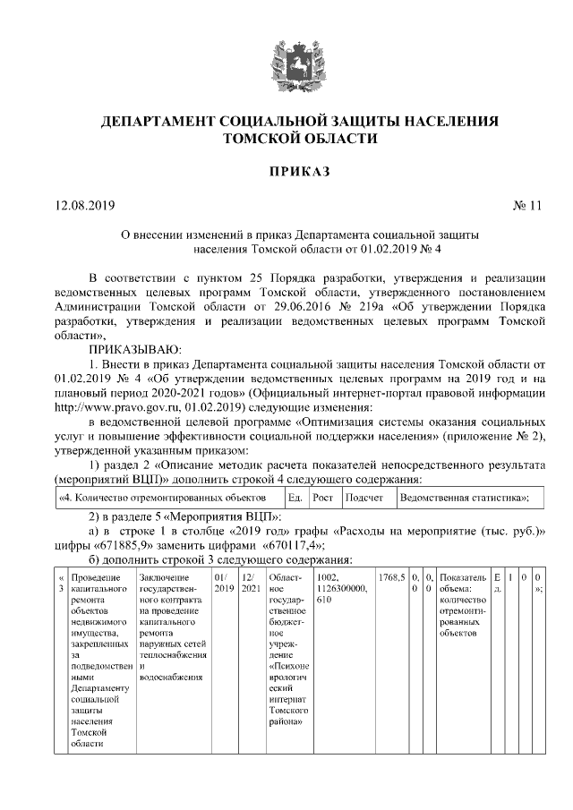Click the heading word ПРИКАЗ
[286, 170]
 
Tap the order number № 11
[527, 205]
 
